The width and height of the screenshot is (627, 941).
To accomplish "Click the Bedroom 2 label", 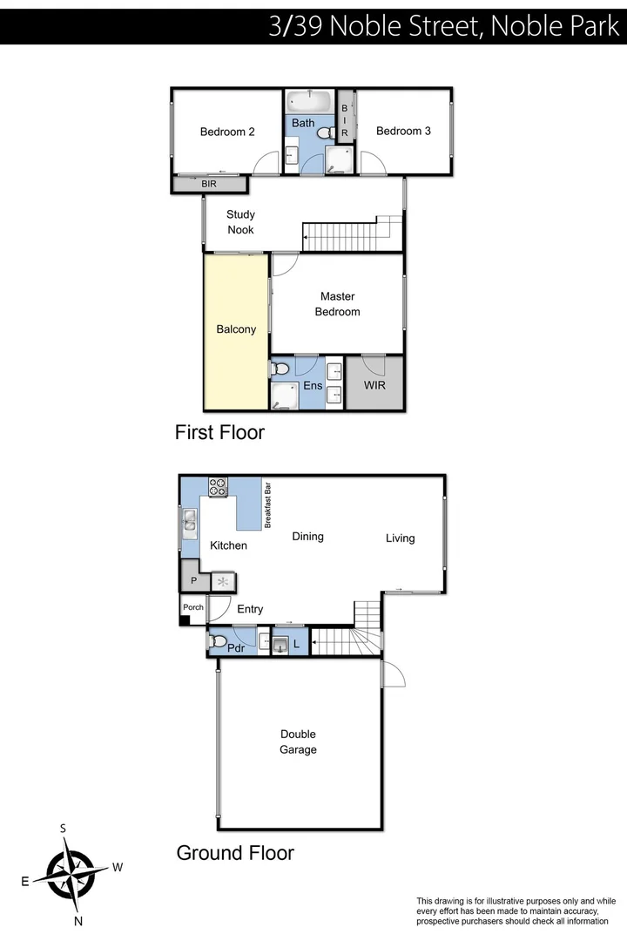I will pos(227,132).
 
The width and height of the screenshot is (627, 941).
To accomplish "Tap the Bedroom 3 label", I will pos(403,131).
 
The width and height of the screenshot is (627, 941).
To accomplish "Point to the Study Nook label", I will pos(240,222).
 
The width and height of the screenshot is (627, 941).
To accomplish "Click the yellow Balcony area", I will pos(236,329).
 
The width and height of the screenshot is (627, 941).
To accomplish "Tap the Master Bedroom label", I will pos(337,304).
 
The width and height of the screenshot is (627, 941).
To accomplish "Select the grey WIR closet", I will pos(375,384).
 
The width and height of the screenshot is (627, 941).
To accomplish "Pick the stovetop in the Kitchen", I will pos(218,486).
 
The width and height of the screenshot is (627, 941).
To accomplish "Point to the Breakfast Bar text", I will pos(269,504).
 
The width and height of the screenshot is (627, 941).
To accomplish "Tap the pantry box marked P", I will pos(192,579).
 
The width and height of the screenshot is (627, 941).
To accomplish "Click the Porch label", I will pos(192,607).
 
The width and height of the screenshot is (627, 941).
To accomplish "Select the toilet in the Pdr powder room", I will pos(218,642).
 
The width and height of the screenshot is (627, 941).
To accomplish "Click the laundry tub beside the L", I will pos(280,645).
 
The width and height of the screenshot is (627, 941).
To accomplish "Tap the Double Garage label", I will pos(298,741).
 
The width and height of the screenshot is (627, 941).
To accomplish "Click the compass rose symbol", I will pos(71,874).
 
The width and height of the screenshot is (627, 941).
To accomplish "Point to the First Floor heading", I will pos(219,432).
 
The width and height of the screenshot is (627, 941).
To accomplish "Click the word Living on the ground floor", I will pos(401,538).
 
